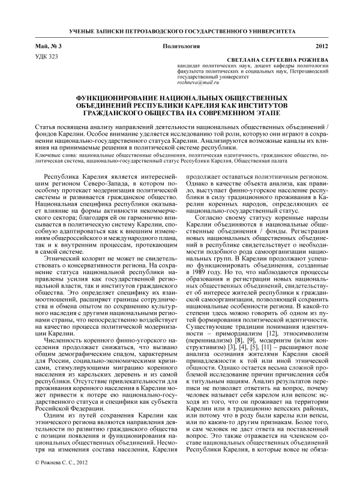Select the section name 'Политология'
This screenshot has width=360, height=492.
[179, 46]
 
